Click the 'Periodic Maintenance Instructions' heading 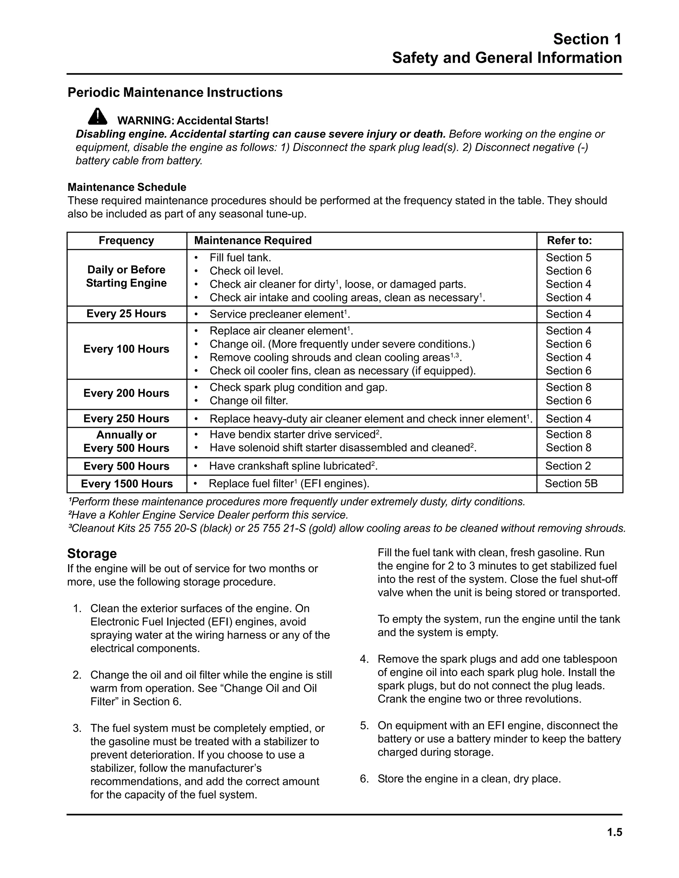click(x=175, y=92)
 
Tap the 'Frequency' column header click(x=126, y=241)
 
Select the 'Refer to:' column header click(x=569, y=241)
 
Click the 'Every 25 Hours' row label click(x=126, y=313)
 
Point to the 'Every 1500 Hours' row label click(x=127, y=484)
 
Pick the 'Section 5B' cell click(x=571, y=483)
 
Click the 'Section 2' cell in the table click(x=568, y=466)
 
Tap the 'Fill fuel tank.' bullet click(x=240, y=257)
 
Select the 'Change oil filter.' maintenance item click(x=249, y=401)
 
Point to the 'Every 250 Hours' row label click(x=126, y=418)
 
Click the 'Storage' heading click(x=92, y=553)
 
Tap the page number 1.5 click(x=615, y=832)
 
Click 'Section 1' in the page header click(x=587, y=39)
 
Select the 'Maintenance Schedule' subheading click(x=127, y=187)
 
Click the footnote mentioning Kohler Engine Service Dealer click(x=208, y=515)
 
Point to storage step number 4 click(x=364, y=659)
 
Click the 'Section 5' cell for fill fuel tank click(x=568, y=257)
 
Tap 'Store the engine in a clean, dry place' click(x=468, y=779)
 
